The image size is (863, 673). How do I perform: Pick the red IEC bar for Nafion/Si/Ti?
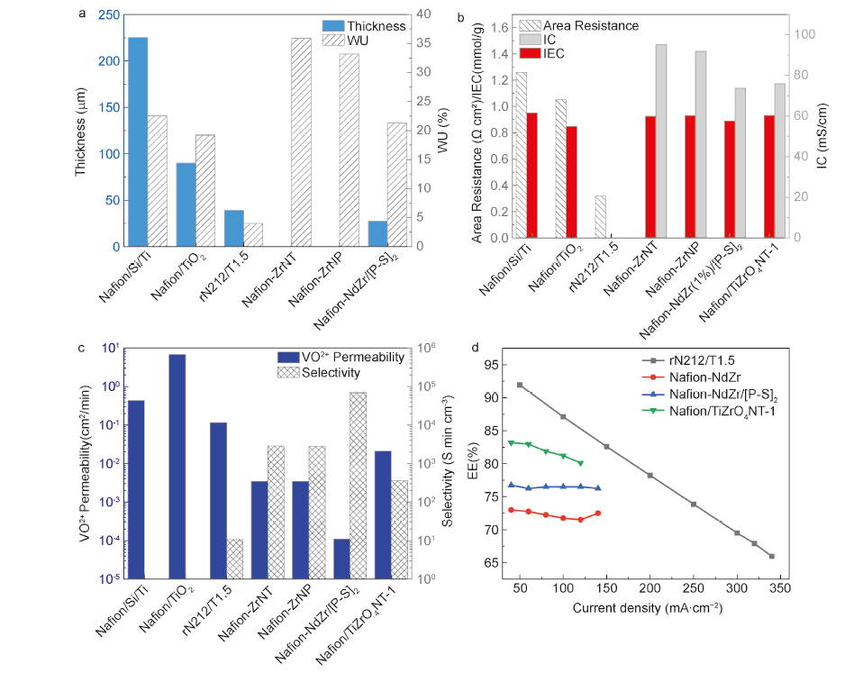[x=531, y=176]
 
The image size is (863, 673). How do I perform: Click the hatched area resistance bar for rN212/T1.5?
[x=600, y=217]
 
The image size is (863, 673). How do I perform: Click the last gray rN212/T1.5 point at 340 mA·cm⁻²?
[x=772, y=556]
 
